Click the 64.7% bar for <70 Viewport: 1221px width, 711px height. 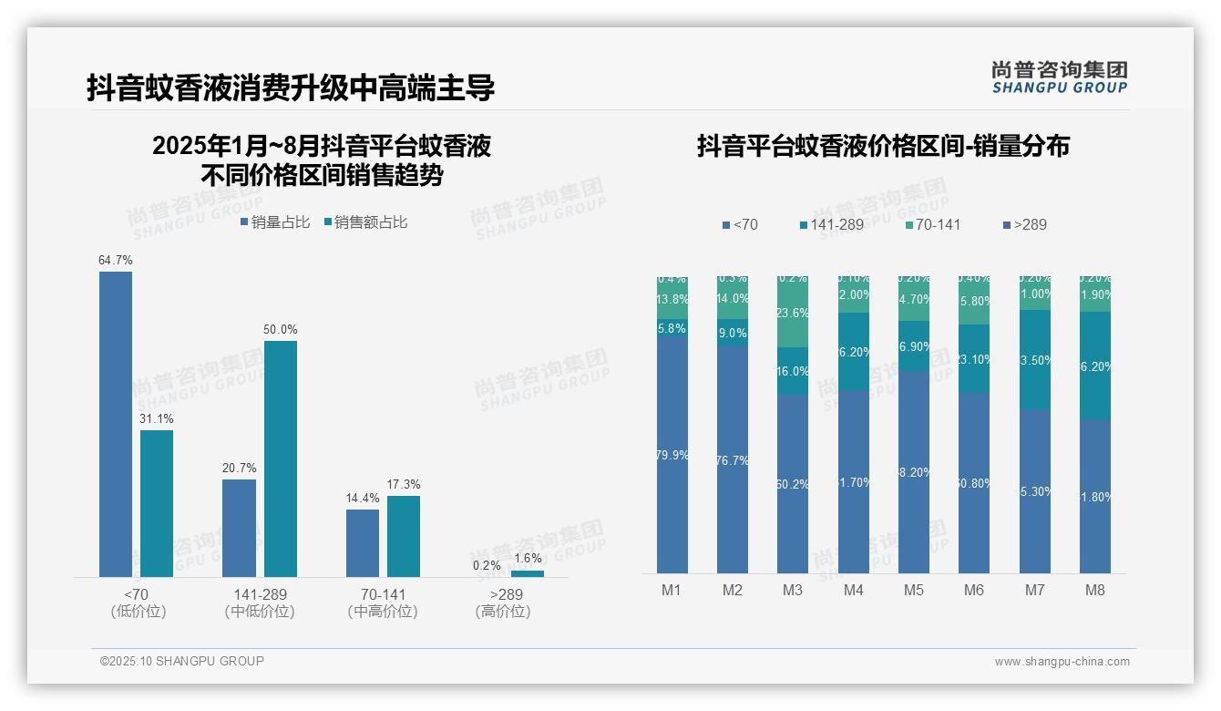point(116,424)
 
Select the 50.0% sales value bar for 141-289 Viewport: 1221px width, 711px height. point(281,459)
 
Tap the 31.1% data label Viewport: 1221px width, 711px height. point(157,418)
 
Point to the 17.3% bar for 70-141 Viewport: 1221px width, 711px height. point(404,536)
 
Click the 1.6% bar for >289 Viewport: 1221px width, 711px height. point(528,573)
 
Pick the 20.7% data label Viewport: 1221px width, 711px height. point(239,468)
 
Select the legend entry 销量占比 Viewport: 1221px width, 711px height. point(275,222)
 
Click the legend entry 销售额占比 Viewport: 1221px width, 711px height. point(365,222)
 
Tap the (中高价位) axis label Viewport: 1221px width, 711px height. point(383,612)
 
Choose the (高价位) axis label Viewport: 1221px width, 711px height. point(503,612)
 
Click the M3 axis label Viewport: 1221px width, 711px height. point(793,590)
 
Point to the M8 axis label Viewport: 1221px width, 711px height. point(1095,590)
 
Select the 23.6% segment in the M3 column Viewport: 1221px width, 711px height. point(793,313)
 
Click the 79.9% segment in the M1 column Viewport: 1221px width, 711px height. point(672,455)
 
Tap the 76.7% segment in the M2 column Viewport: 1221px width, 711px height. point(733,460)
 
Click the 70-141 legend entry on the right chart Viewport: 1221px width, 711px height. point(933,224)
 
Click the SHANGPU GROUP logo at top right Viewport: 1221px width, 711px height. point(1060,77)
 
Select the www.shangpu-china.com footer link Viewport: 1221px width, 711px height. point(1062,662)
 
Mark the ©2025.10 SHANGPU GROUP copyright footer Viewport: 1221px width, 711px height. point(182,661)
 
